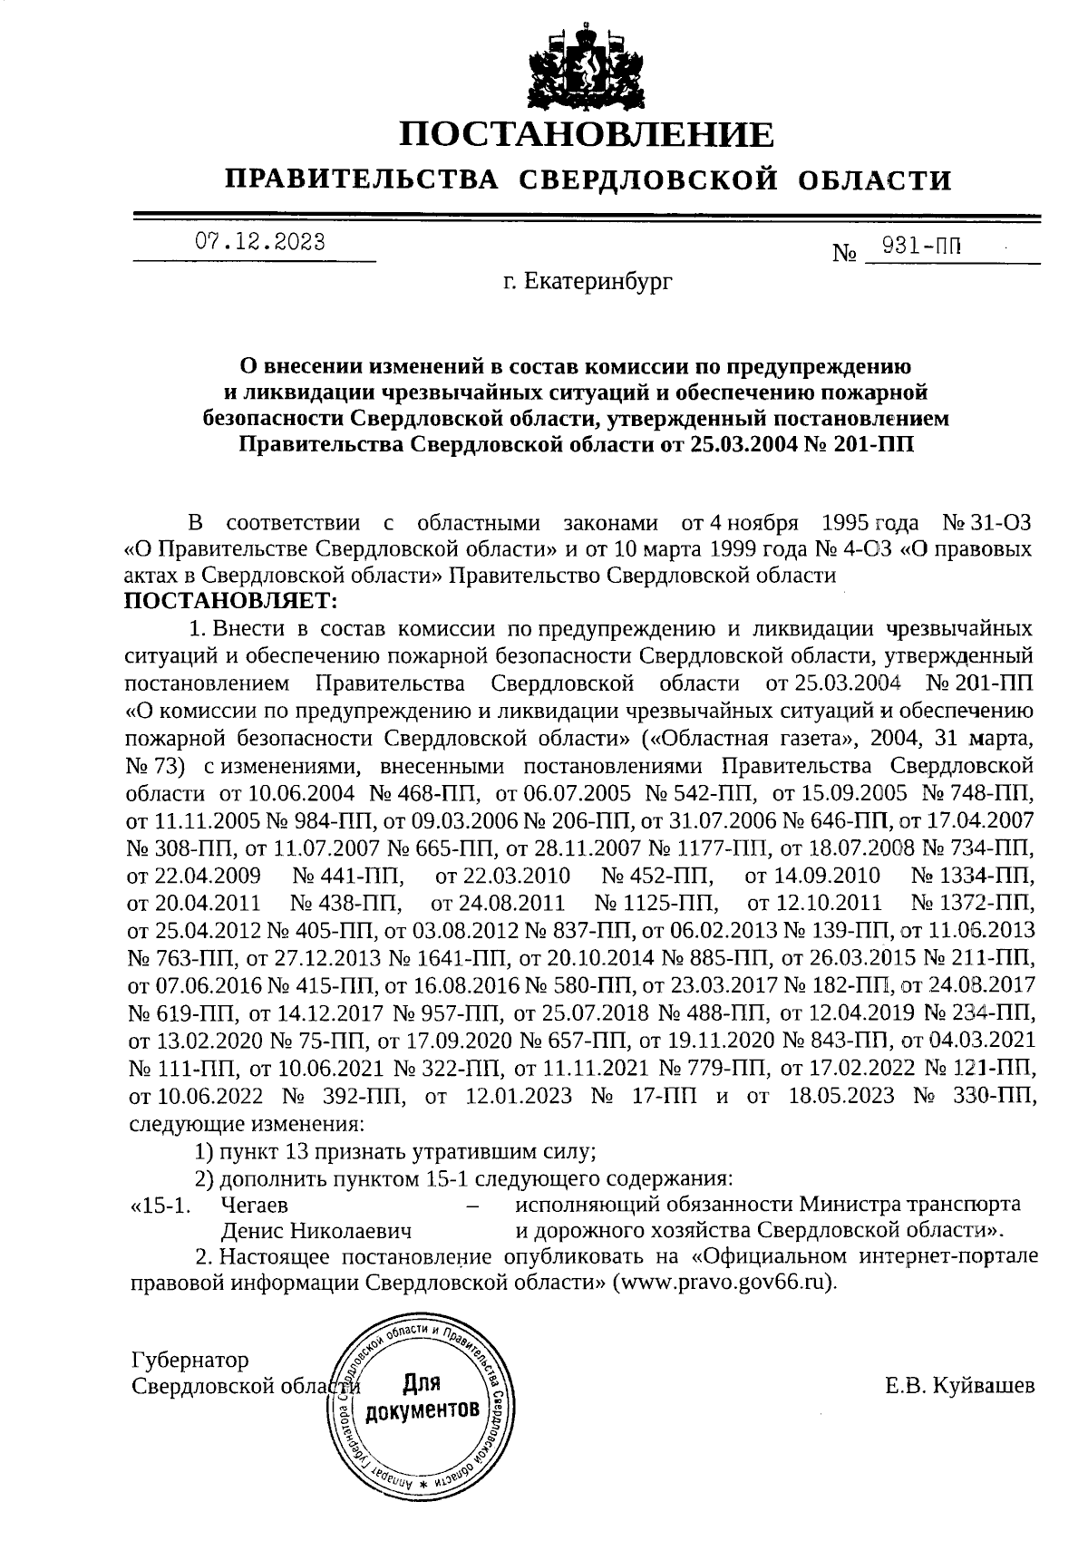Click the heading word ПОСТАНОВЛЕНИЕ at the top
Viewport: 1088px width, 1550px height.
pyautogui.click(x=588, y=135)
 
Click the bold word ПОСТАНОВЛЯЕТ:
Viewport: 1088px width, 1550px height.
pyautogui.click(x=229, y=600)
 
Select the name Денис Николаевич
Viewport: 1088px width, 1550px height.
pyautogui.click(x=317, y=1231)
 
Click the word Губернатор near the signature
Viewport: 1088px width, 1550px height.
pyautogui.click(x=189, y=1361)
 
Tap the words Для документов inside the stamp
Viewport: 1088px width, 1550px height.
pyautogui.click(x=419, y=1397)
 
